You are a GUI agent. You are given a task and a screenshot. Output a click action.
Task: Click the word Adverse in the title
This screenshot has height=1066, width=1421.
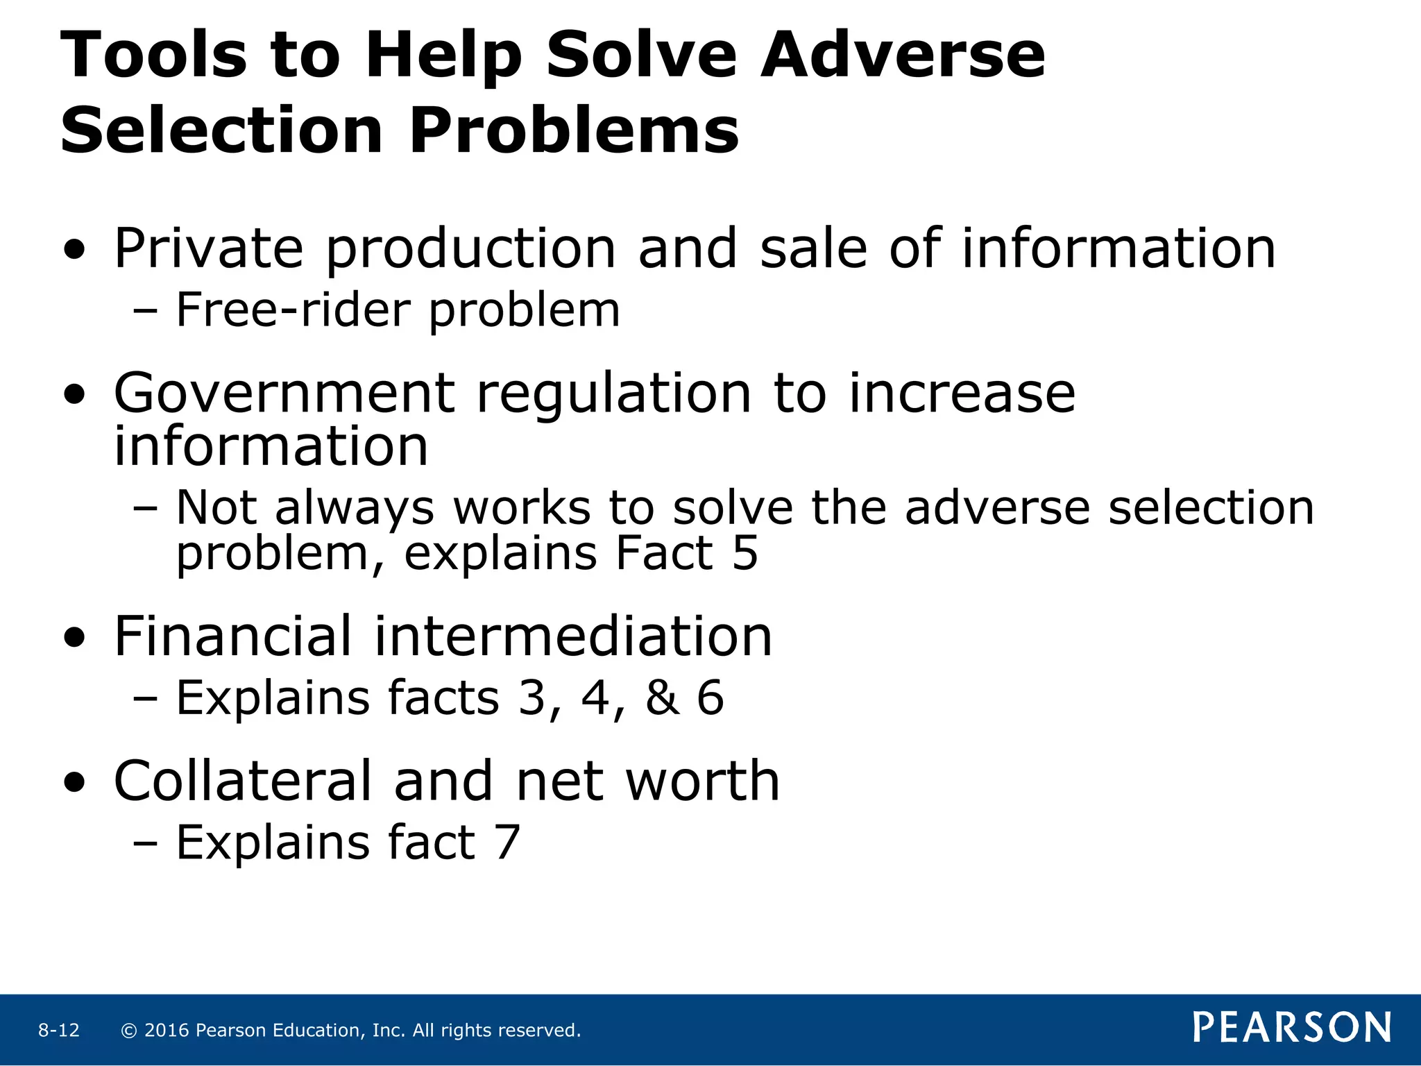click(902, 56)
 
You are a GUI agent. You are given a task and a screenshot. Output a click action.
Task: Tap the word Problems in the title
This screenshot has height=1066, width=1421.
click(574, 131)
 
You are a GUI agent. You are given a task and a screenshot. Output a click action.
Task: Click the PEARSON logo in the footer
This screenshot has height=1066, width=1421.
click(1292, 1028)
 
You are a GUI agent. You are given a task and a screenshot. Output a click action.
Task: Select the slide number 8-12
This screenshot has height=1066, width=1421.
click(59, 1031)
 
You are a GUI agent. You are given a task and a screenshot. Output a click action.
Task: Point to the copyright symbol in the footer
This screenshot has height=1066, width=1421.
click(128, 1031)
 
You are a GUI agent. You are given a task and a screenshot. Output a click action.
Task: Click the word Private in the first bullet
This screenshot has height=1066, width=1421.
click(209, 249)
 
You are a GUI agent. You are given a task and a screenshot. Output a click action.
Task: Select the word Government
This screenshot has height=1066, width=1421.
click(284, 394)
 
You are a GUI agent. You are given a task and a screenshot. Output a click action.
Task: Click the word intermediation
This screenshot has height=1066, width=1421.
click(572, 636)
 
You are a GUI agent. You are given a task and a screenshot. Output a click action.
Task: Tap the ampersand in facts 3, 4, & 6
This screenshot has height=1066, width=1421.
click(662, 697)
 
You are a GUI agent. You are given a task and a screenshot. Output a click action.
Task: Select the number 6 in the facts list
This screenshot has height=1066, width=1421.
click(710, 697)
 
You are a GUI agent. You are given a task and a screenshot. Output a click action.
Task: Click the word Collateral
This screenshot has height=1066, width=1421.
click(244, 781)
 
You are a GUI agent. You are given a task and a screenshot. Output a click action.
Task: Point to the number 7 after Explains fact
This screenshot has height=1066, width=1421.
click(507, 843)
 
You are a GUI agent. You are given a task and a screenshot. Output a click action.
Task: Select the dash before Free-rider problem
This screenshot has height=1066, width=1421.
click(145, 312)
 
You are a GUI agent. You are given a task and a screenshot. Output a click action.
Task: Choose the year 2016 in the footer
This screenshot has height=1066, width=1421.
click(167, 1031)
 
